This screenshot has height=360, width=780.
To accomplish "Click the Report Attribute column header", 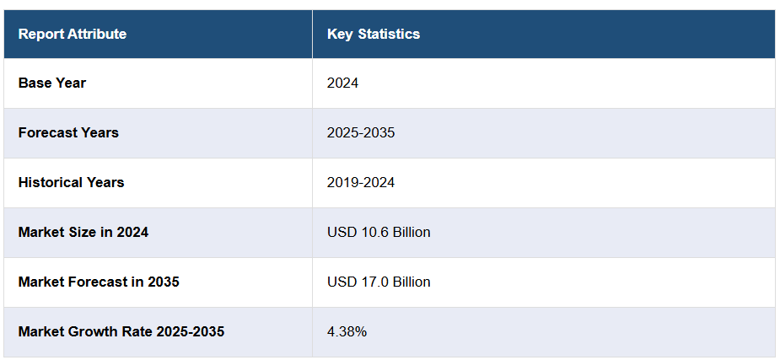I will pyautogui.click(x=73, y=35).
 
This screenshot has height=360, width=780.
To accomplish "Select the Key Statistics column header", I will pyautogui.click(x=374, y=35).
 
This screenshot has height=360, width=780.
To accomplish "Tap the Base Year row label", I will pyautogui.click(x=52, y=83).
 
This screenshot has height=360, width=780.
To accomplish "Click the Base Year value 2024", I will pyautogui.click(x=343, y=83).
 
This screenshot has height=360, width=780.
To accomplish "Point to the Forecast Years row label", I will pyautogui.click(x=68, y=133).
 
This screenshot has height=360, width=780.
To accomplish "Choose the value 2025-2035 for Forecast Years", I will pyautogui.click(x=361, y=133).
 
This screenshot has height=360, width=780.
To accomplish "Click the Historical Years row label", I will pyautogui.click(x=71, y=183).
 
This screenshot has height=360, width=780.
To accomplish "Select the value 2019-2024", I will pyautogui.click(x=361, y=183).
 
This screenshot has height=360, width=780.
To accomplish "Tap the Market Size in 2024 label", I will pyautogui.click(x=83, y=233).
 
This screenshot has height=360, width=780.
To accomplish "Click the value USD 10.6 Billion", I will pyautogui.click(x=379, y=233).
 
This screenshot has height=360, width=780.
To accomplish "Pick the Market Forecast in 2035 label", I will pyautogui.click(x=99, y=282).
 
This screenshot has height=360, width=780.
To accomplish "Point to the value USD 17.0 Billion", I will pyautogui.click(x=379, y=282).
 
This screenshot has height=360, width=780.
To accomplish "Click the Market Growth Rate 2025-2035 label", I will pyautogui.click(x=121, y=332).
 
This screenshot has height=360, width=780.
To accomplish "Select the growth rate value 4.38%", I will pyautogui.click(x=347, y=332).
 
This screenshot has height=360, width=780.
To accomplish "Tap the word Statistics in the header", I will pyautogui.click(x=389, y=35).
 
